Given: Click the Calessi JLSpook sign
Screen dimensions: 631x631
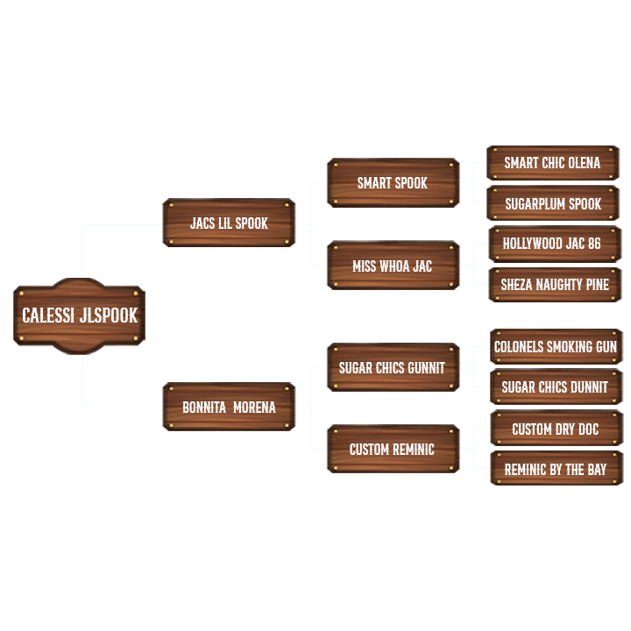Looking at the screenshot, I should [x=79, y=315].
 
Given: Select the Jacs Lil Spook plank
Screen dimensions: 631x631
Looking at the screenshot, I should [x=229, y=223].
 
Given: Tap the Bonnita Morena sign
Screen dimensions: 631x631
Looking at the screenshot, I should [x=229, y=407].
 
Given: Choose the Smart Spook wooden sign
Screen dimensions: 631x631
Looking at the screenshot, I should [x=393, y=183].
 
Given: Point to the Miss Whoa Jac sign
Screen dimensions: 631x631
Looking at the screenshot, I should [x=393, y=266].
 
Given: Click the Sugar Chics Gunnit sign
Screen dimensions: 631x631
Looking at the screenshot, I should [x=393, y=368].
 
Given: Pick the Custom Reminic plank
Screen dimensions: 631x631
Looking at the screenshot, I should [x=393, y=449].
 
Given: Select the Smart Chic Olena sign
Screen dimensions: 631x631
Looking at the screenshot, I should [x=553, y=163].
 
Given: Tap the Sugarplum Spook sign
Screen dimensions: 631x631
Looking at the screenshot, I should [x=553, y=203].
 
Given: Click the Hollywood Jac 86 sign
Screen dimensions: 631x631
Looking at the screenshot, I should [x=553, y=244].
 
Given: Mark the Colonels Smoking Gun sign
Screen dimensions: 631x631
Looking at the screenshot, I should [x=556, y=347].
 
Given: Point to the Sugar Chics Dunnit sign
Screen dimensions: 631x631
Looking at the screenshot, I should [x=556, y=387].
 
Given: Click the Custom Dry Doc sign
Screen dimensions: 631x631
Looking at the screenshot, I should [x=556, y=429].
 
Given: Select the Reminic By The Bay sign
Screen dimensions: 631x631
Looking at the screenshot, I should [x=556, y=469].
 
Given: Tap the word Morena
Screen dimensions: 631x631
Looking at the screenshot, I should [x=254, y=407].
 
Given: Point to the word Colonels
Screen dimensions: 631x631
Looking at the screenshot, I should [x=521, y=347].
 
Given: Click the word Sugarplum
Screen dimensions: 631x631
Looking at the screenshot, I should [x=535, y=203].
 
